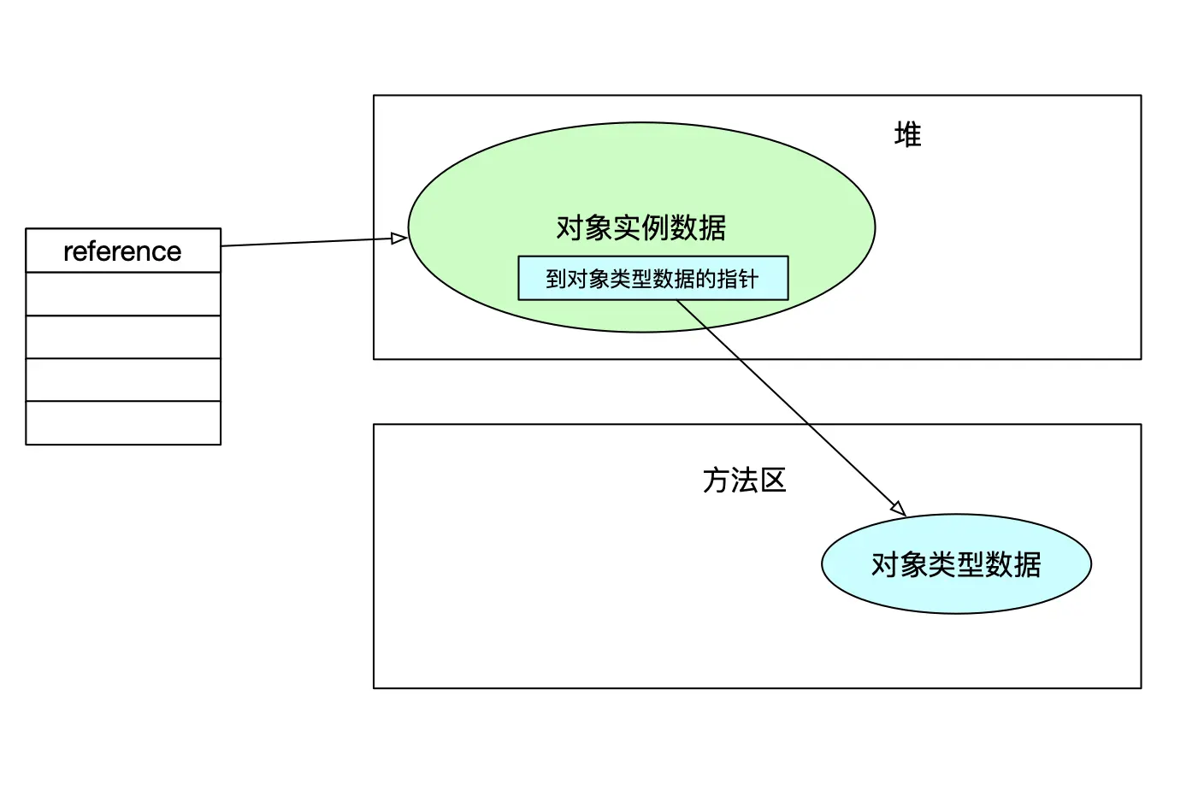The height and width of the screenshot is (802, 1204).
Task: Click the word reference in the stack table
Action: [122, 251]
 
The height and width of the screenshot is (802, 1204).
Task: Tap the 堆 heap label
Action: [907, 135]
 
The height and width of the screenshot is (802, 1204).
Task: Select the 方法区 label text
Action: [744, 481]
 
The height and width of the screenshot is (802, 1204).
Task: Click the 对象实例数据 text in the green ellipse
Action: [640, 227]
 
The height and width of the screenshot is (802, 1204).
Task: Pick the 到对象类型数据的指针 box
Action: [652, 279]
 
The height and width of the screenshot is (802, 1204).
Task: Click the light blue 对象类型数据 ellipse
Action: [956, 564]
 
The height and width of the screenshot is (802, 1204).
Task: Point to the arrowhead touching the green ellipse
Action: [399, 239]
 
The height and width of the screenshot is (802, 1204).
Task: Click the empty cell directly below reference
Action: [123, 294]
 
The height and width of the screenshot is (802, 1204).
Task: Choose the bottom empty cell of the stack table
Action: [123, 423]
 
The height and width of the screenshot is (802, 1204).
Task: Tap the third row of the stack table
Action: [123, 337]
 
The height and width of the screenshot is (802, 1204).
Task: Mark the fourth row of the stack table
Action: [123, 380]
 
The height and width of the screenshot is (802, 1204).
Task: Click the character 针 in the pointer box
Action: [748, 280]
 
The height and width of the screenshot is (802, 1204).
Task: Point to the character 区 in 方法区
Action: [773, 481]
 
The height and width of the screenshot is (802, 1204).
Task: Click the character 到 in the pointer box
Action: [556, 280]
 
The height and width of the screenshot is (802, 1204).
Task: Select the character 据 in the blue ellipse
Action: [1028, 564]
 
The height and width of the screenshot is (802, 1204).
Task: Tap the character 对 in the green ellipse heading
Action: [570, 227]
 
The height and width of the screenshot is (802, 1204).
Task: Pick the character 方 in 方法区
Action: [716, 481]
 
